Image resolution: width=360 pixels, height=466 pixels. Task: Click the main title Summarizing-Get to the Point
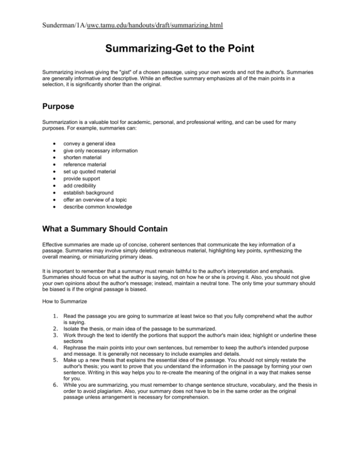180,48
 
